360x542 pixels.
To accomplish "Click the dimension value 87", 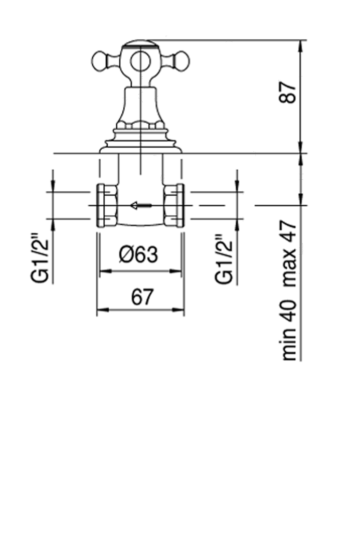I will [x=289, y=93].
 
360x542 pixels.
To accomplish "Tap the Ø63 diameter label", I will [x=138, y=255].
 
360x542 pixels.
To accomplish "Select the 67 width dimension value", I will [x=142, y=297].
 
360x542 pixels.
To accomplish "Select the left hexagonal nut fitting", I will [x=106, y=205].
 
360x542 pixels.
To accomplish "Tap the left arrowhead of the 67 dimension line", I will [x=102, y=309].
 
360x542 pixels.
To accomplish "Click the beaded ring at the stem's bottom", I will [x=140, y=126].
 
